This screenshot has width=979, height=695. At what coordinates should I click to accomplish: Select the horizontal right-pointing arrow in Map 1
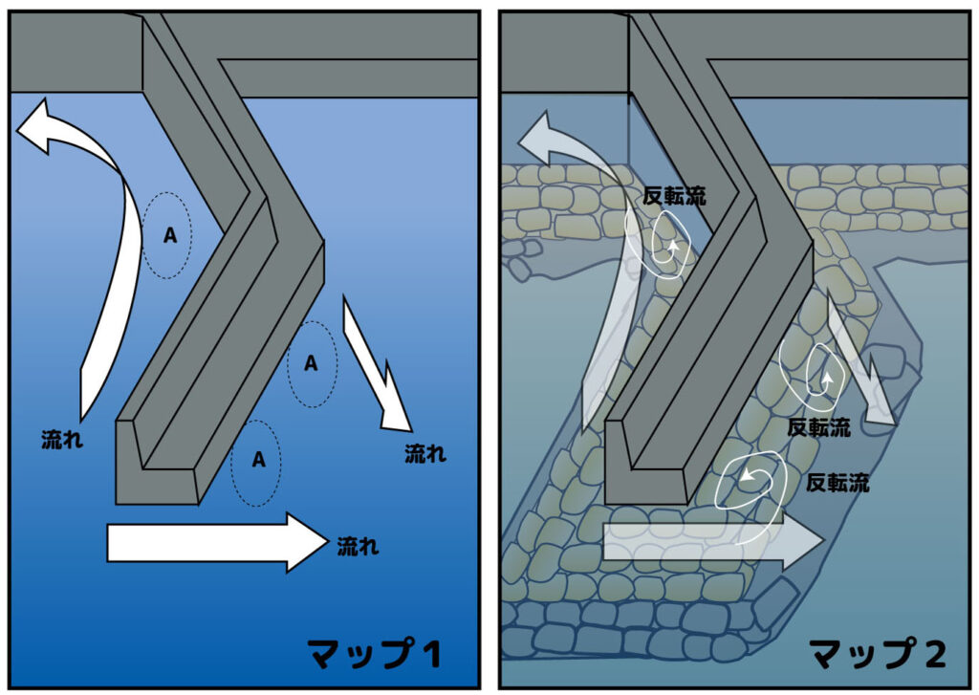click(216, 542)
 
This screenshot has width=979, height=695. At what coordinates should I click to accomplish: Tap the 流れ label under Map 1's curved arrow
click(62, 441)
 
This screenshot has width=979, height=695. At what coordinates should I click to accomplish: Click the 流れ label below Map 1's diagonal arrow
click(424, 453)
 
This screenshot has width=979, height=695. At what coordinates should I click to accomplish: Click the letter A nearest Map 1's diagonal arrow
click(311, 363)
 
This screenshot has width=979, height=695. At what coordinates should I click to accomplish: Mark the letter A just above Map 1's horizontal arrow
click(257, 460)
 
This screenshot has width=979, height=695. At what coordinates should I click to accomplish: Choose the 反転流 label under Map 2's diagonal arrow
click(818, 427)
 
